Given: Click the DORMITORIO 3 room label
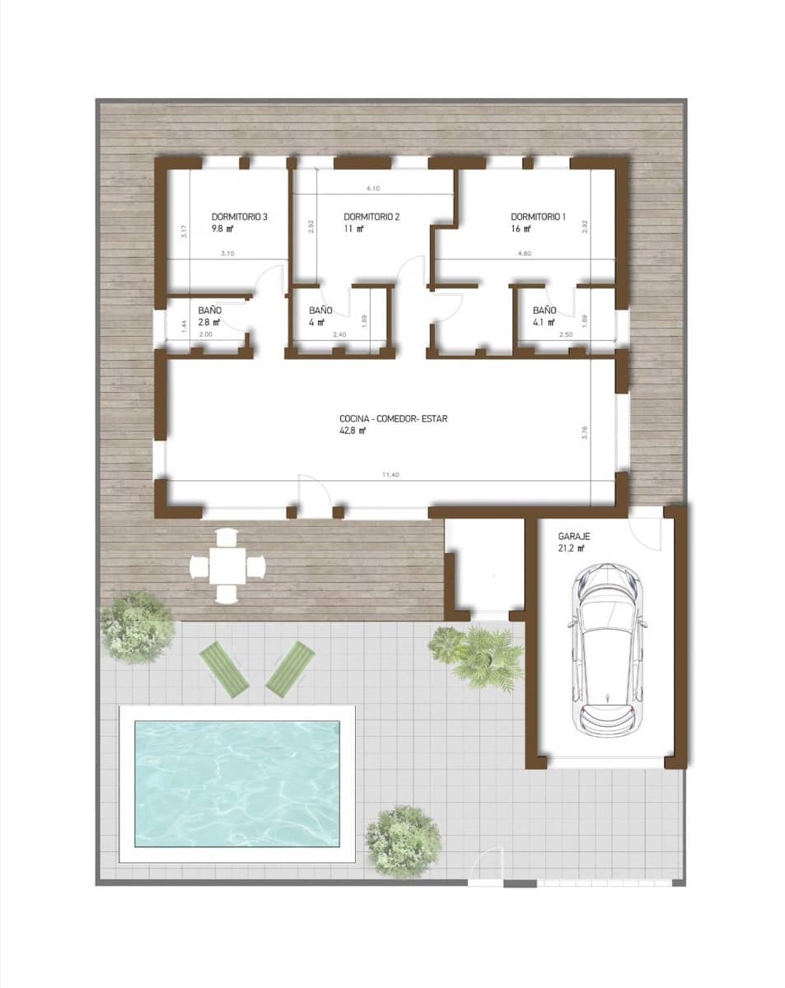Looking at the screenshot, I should [x=240, y=217].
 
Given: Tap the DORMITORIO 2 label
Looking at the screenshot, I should [x=371, y=217].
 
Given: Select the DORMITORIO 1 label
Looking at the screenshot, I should [x=538, y=217].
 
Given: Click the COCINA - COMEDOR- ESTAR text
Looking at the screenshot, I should [x=392, y=418].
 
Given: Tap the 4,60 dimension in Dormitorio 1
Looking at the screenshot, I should [x=524, y=254].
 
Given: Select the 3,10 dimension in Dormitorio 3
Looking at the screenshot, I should [x=228, y=254].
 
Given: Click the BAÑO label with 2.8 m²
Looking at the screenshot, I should [x=209, y=310].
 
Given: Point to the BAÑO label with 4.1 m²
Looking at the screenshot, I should [x=544, y=310].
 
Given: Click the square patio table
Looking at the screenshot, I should [x=227, y=566].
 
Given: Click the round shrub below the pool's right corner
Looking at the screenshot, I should [x=403, y=841].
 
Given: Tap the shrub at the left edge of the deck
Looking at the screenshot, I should [x=138, y=627].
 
